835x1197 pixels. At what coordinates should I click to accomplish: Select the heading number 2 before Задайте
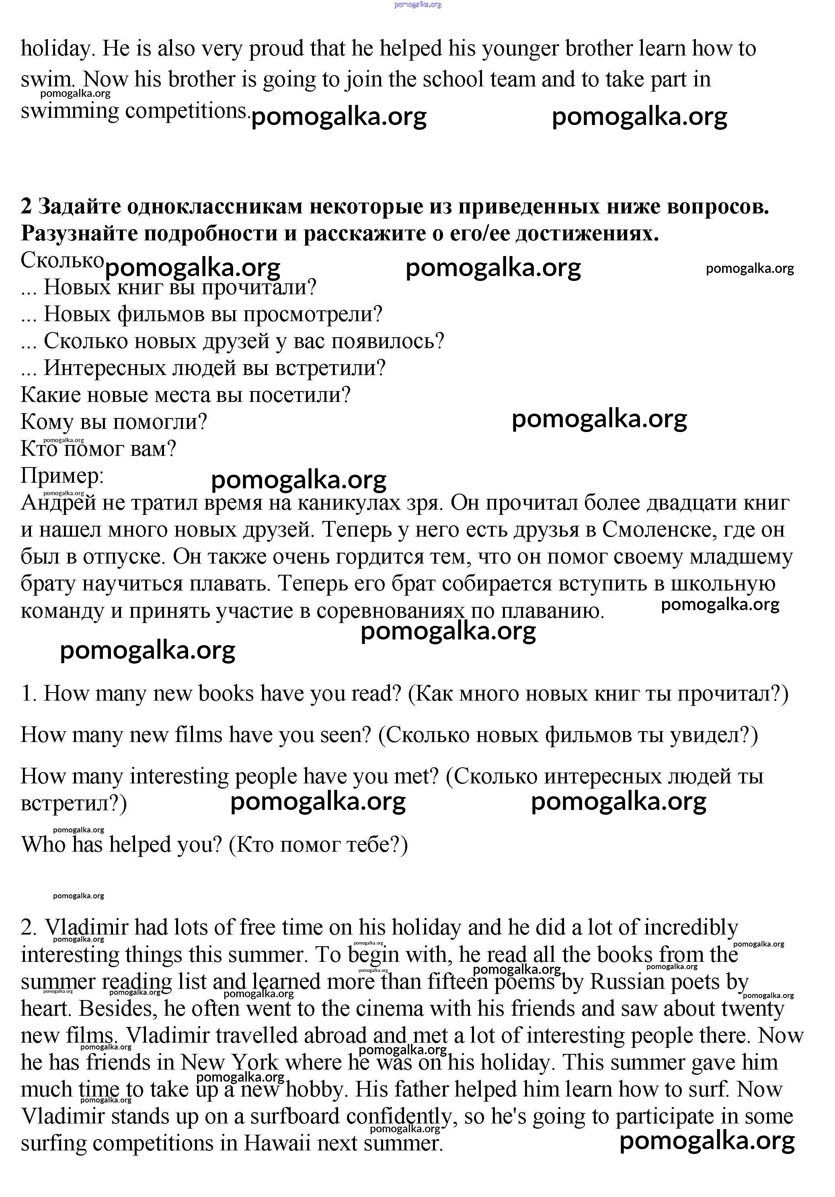coord(26,207)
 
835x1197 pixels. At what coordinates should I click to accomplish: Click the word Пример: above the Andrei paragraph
coord(62,476)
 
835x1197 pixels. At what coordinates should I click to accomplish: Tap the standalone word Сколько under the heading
coord(62,260)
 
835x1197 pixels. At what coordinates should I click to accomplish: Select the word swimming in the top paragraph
coord(70,111)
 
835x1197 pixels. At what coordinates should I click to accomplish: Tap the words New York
coord(230,1062)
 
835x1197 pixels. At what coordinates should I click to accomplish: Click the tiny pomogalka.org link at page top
coord(418,5)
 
